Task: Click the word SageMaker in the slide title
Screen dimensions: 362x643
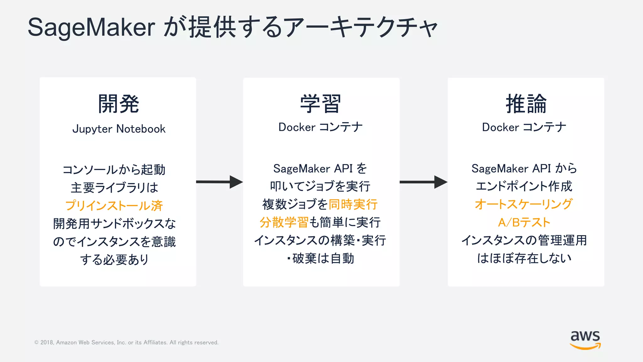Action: click(x=91, y=28)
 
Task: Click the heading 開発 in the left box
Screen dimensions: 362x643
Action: click(x=118, y=104)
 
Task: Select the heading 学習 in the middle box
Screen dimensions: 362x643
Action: click(x=321, y=104)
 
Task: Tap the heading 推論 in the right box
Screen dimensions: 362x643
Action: click(x=526, y=104)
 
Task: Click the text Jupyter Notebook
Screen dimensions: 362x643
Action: click(x=119, y=129)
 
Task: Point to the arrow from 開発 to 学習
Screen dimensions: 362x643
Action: click(x=219, y=182)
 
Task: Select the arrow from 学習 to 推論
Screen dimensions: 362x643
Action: click(x=423, y=182)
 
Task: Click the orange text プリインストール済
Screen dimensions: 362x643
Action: click(x=114, y=206)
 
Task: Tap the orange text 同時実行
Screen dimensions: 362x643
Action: click(x=353, y=204)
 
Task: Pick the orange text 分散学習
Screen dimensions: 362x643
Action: click(x=284, y=222)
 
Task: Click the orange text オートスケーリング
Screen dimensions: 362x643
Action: click(x=524, y=204)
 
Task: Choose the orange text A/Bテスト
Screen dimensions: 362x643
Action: click(x=524, y=222)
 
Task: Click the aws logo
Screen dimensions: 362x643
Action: click(x=585, y=339)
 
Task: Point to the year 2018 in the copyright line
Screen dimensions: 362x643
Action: click(x=47, y=343)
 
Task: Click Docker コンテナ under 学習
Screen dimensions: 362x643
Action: click(x=321, y=127)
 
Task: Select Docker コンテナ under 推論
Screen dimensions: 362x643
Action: click(x=524, y=127)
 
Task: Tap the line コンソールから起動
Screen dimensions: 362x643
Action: click(x=114, y=170)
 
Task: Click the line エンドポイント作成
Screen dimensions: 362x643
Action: click(x=524, y=186)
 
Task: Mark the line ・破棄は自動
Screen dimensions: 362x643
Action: click(x=321, y=259)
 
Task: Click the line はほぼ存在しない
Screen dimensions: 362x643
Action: click(x=524, y=258)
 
